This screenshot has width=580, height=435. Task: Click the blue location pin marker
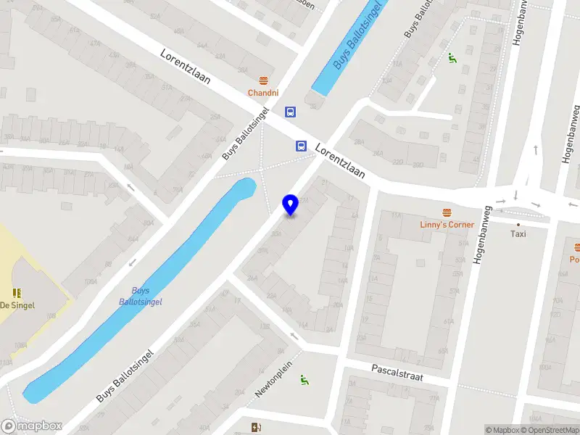291,204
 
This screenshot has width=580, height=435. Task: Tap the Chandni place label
262,93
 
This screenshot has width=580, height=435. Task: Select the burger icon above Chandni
262,80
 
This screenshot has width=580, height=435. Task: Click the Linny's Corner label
447,225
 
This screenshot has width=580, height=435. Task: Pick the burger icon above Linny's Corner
447,212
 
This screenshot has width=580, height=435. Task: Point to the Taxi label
518,234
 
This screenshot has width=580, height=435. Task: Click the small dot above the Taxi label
518,225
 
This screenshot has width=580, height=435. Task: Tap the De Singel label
17,306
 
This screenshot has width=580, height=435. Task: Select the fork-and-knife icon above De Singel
17,293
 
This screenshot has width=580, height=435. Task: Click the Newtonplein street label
273,379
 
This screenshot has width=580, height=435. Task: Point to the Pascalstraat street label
397,373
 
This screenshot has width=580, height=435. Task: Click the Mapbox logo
32,426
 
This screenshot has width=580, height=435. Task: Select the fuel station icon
254,428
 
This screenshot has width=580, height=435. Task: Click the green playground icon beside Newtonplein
305,378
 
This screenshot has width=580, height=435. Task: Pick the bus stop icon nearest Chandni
290,112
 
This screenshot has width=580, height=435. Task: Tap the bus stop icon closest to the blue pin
300,145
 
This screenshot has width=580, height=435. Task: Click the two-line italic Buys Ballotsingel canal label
140,296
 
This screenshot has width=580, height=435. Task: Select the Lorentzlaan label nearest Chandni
186,67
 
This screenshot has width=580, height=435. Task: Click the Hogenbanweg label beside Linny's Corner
482,234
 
